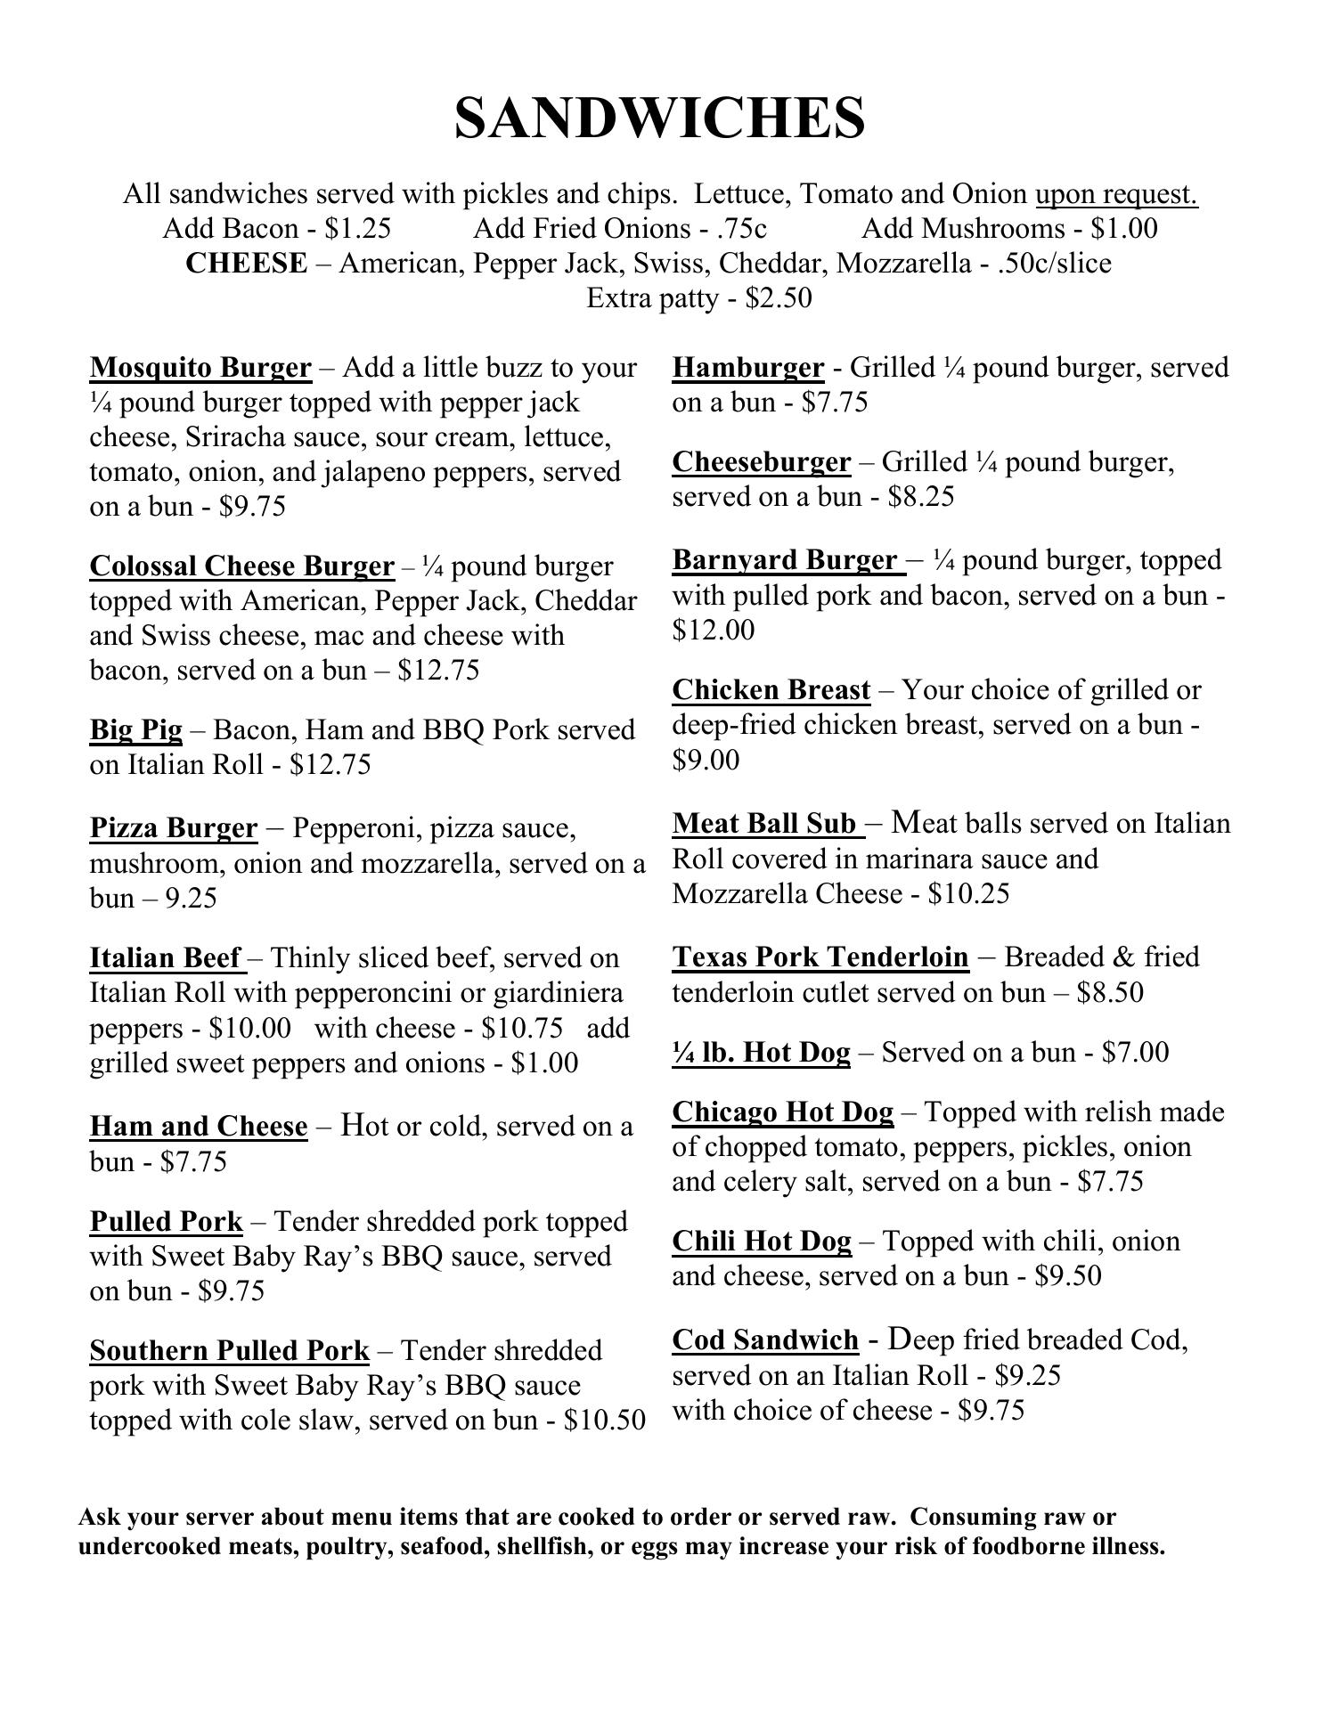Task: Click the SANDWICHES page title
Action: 659,118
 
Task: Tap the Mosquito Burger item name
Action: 200,368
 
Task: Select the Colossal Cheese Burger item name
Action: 241,566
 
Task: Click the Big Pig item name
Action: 135,730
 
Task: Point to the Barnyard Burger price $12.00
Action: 713,631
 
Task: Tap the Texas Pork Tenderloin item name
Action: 820,957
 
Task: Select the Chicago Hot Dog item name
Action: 782,1112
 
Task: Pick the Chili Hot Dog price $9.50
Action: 1068,1276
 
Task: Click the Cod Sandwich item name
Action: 765,1340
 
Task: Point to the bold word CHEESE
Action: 246,264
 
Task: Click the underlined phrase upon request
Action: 1115,194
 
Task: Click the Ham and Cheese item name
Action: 198,1127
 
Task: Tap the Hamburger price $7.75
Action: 835,403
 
